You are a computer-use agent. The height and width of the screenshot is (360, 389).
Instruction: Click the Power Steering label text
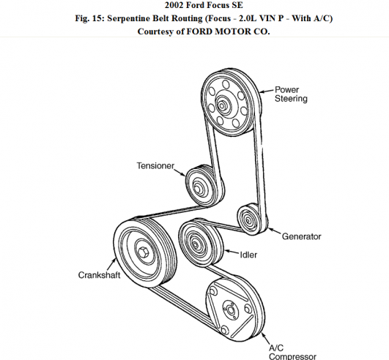pyautogui.click(x=291, y=94)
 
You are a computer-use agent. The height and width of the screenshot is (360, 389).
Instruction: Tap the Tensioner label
pyautogui.click(x=155, y=165)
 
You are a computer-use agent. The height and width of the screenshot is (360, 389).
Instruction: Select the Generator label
pyautogui.click(x=301, y=236)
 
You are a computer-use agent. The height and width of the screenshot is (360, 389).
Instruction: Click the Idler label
pyautogui.click(x=248, y=255)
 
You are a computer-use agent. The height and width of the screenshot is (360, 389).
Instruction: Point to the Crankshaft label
pyautogui.click(x=99, y=275)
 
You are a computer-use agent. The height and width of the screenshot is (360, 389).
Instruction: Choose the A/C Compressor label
pyautogui.click(x=292, y=353)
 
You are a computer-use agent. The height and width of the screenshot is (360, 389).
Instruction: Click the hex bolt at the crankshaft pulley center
pyautogui.click(x=143, y=252)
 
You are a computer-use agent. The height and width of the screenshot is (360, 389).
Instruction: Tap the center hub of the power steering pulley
pyautogui.click(x=221, y=106)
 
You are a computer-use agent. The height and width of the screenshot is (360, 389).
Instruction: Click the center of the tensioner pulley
pyautogui.click(x=198, y=189)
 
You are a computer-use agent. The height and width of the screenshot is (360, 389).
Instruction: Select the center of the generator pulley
pyautogui.click(x=248, y=220)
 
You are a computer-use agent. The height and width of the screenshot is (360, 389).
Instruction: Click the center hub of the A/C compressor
pyautogui.click(x=230, y=310)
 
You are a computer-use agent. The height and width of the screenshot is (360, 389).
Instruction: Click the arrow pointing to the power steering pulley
pyautogui.click(x=266, y=91)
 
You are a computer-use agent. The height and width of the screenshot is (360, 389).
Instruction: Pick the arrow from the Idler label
pyautogui.click(x=231, y=252)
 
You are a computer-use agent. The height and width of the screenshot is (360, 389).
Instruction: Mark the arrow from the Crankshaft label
pyautogui.click(x=111, y=264)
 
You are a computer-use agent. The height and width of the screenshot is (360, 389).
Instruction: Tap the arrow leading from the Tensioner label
pyautogui.click(x=179, y=173)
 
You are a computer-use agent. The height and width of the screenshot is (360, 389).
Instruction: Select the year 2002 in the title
pyautogui.click(x=174, y=5)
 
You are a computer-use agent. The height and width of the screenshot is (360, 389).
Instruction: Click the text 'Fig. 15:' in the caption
pyautogui.click(x=90, y=18)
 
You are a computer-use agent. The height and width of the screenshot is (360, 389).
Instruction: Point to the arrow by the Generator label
pyautogui.click(x=274, y=231)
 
